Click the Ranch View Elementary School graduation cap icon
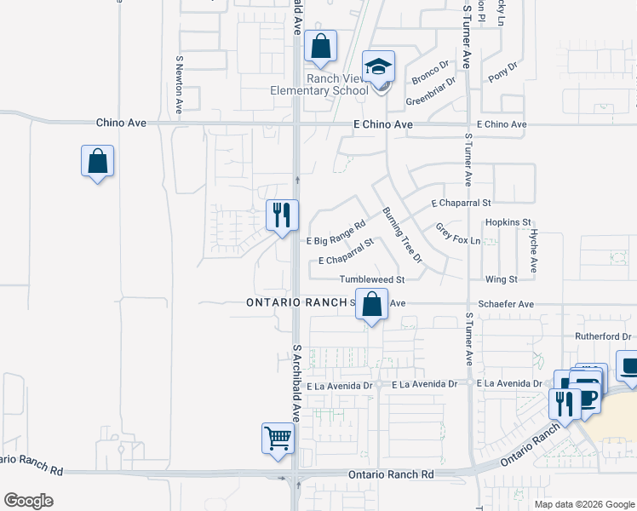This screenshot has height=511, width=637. click(x=378, y=66)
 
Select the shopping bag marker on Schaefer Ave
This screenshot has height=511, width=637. click(x=371, y=303)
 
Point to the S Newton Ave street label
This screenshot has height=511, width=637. click(x=180, y=85)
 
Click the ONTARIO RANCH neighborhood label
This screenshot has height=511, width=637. click(x=297, y=303)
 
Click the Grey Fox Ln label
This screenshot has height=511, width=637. click(x=458, y=234)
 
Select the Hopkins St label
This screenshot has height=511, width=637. click(x=508, y=222)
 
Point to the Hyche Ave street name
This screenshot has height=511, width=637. click(x=533, y=250)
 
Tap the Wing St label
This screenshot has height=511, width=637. click(x=501, y=279)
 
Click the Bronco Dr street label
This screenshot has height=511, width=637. click(x=430, y=73)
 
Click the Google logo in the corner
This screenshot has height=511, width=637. click(x=28, y=501)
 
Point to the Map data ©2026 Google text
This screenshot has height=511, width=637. click(x=583, y=504)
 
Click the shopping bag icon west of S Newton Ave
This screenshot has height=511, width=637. click(x=97, y=160)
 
